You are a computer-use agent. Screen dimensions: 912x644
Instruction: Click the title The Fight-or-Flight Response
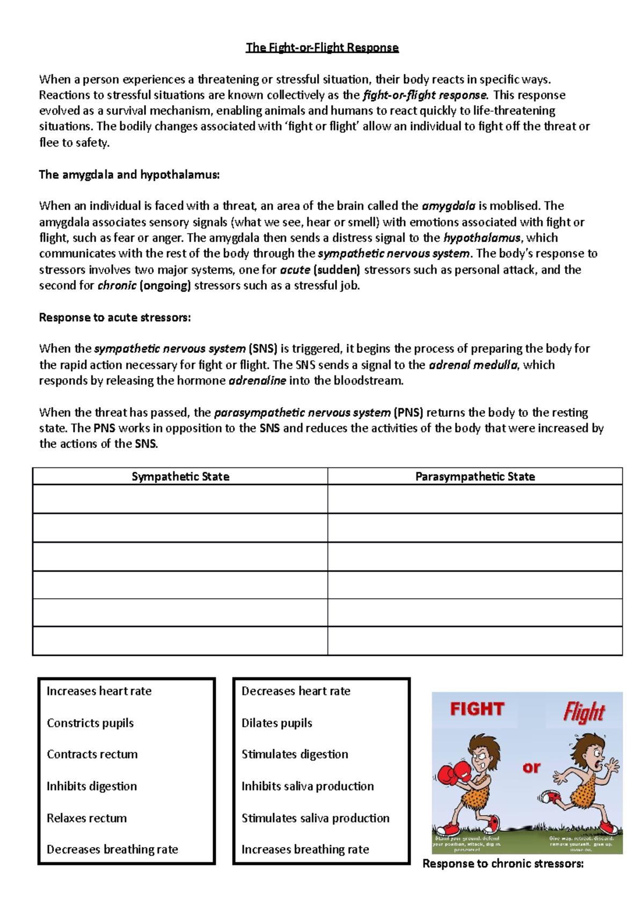(x=322, y=47)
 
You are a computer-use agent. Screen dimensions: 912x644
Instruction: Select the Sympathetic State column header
(x=180, y=476)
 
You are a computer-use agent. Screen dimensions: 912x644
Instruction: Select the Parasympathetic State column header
(x=475, y=476)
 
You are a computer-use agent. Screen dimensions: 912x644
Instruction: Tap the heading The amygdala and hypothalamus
(x=129, y=175)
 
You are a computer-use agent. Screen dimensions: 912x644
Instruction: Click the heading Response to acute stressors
(x=115, y=317)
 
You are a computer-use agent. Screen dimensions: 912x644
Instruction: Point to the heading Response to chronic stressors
(x=503, y=864)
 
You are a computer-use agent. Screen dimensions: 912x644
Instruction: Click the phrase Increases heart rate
(x=99, y=691)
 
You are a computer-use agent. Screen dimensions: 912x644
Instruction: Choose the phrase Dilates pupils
(x=276, y=723)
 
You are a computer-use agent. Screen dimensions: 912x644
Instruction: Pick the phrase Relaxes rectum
(x=86, y=818)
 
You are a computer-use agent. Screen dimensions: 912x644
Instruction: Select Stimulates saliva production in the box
(x=315, y=818)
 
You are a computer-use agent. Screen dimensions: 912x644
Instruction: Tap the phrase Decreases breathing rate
(x=112, y=849)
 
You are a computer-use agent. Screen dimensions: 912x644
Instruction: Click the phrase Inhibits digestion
(x=91, y=786)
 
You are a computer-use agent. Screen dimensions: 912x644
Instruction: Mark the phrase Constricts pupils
(x=90, y=723)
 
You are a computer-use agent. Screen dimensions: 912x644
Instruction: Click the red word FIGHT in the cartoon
(x=477, y=710)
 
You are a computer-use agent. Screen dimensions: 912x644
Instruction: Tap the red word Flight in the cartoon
(x=584, y=712)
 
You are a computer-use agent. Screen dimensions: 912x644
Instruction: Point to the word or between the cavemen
(x=531, y=768)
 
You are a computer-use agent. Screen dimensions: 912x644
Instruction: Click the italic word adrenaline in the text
(x=257, y=381)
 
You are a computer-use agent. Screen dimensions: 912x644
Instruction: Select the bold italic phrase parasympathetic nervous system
(x=302, y=412)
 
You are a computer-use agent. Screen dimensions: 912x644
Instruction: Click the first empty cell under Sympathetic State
(x=180, y=499)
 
